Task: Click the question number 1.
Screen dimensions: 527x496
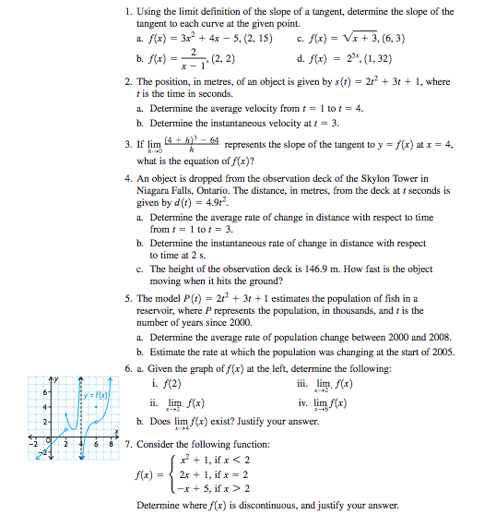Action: pos(126,11)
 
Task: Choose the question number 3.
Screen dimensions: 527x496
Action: pos(126,145)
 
